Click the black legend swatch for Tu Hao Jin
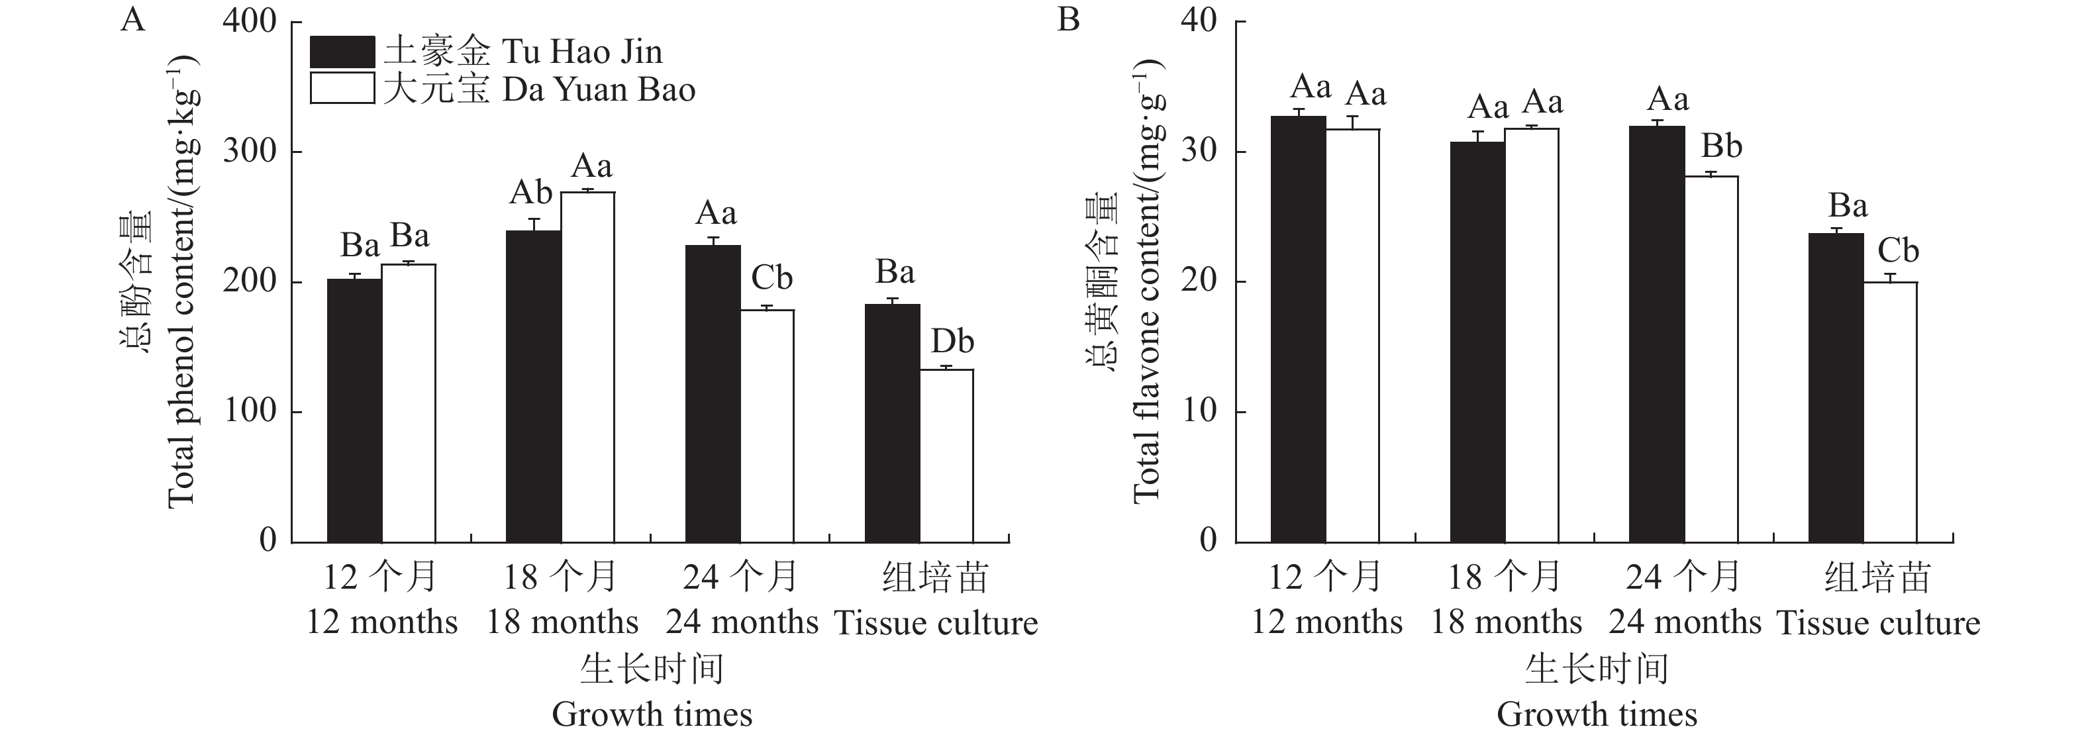342,52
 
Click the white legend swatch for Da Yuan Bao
342,88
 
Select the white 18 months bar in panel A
588,367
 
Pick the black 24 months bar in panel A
713,393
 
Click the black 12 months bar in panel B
1298,329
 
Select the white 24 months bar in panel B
1711,359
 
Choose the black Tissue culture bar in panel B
1836,388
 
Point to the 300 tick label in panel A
250,152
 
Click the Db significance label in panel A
952,342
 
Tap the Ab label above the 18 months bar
530,193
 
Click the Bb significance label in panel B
1721,146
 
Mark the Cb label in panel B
1897,250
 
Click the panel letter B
1068,19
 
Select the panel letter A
133,19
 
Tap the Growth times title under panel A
652,714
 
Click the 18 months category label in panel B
1505,622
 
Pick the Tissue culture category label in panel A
935,622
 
